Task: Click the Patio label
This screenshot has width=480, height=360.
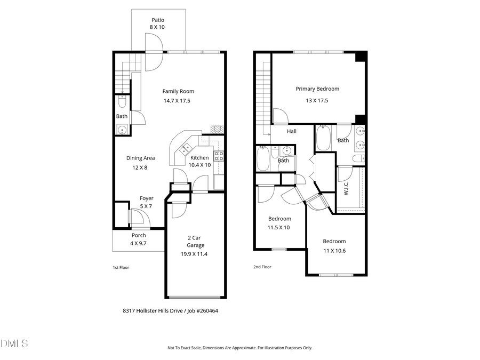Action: coord(158,20)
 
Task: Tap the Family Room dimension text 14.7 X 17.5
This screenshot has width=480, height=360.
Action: coord(177,101)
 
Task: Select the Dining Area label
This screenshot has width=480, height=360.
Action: coord(140,158)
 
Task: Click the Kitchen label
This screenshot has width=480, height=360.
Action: coord(199,158)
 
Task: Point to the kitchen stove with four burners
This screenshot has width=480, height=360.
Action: coord(219,156)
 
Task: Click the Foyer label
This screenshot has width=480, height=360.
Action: coord(146,198)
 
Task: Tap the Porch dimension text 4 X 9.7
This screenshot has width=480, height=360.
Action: coord(139,243)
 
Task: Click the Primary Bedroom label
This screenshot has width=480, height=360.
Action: coord(317,89)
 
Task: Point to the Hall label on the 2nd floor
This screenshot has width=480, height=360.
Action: coord(292,131)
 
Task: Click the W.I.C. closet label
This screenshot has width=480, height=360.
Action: coord(346,188)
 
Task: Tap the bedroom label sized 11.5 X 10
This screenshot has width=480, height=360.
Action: coord(279,219)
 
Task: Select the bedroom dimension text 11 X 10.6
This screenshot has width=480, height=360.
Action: coord(334,251)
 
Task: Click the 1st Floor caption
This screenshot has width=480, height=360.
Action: coord(121,267)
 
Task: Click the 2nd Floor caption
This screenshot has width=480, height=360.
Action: coord(262,267)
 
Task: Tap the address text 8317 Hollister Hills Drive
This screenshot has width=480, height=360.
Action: coord(151,310)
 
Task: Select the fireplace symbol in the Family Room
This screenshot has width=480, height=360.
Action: coord(217,129)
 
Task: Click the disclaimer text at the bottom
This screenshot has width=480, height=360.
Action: coord(240,348)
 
